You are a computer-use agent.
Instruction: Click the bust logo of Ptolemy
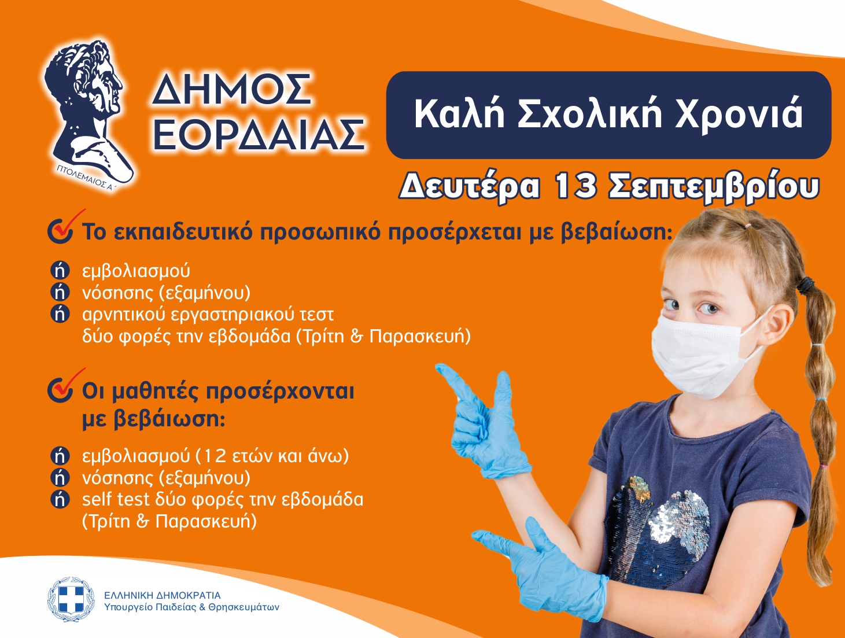(87, 112)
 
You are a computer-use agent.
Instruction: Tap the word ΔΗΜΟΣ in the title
(231, 89)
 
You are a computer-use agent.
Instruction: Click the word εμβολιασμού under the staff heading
(136, 271)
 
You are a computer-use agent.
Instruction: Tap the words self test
(116, 499)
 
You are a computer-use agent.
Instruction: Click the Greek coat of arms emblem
(71, 599)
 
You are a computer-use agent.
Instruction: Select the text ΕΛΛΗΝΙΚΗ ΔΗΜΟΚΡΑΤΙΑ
(162, 596)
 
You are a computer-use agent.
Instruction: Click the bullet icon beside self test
(60, 500)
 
